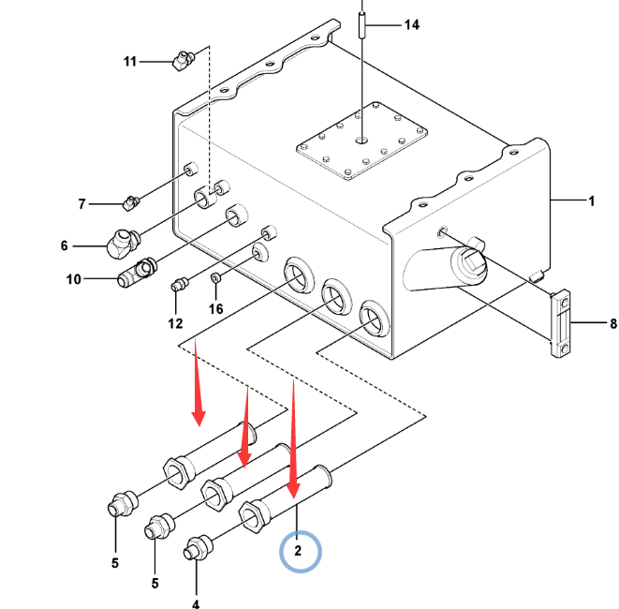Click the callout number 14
coord(411,25)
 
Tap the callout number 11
coord(131,62)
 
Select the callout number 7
coord(81,203)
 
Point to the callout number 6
coord(65,245)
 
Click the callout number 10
coord(75,279)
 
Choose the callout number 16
coord(215,308)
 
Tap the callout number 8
coord(612,324)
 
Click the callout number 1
coord(591,201)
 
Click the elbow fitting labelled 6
coord(120,244)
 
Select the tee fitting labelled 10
coord(137,274)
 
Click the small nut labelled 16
coord(215,278)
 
